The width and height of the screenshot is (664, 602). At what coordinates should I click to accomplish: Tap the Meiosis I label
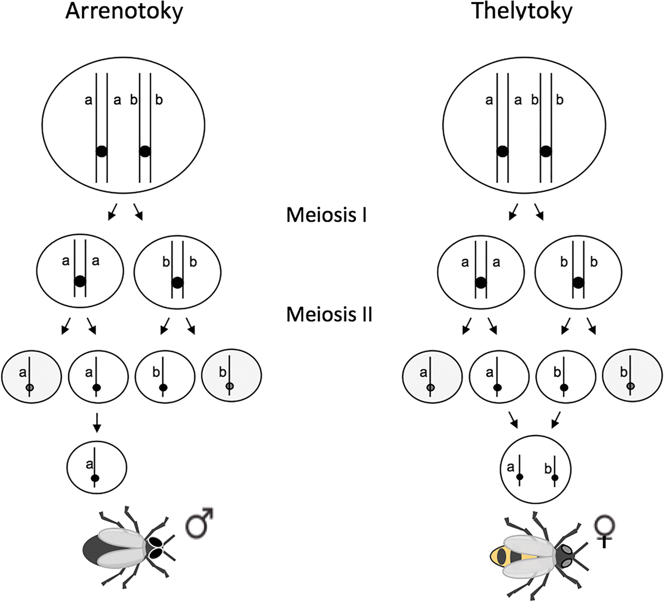coord(326,214)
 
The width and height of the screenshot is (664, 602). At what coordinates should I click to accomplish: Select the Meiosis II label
coord(329,314)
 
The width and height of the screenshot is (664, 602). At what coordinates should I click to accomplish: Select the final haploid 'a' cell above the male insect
coord(96,467)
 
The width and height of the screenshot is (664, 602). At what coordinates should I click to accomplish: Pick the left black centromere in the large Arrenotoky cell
coord(102,151)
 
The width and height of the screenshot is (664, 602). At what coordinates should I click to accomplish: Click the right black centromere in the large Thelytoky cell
coord(546,151)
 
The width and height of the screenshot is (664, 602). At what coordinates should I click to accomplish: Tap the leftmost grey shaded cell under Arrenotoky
coord(32,376)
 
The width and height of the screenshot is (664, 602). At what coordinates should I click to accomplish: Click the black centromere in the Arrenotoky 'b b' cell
coord(177,283)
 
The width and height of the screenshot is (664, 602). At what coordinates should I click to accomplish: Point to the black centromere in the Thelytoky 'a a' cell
coord(481,283)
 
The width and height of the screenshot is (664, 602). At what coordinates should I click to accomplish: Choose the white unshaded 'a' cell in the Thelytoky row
coord(499,376)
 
